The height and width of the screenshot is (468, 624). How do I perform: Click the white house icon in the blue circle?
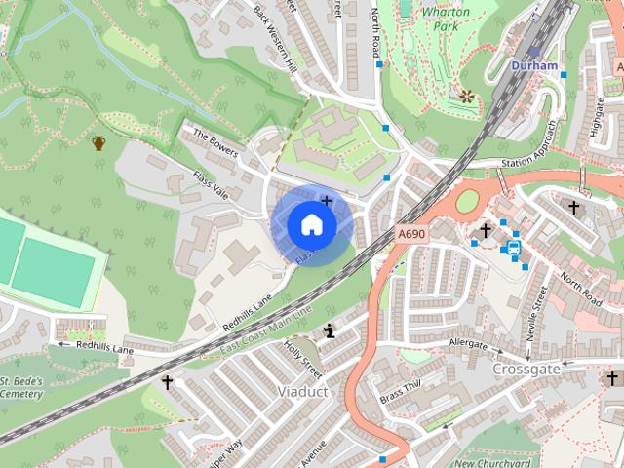point(311,224)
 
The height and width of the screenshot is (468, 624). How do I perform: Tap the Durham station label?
point(534,65)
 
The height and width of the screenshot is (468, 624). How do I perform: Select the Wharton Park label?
point(446,19)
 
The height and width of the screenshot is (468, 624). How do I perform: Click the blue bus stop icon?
point(514,247)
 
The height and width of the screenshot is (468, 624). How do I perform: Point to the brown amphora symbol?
point(98,144)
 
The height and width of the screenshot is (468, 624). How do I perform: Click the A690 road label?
point(412,235)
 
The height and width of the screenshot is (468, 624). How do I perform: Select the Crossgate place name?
point(526,370)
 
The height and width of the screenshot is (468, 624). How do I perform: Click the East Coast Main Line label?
point(265,332)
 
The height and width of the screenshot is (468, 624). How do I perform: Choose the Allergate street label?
point(468,344)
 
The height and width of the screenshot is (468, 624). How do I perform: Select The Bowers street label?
point(215,144)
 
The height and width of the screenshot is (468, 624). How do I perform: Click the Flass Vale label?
point(211,184)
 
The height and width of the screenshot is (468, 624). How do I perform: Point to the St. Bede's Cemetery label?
point(21,387)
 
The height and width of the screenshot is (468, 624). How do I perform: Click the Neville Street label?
point(536,313)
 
